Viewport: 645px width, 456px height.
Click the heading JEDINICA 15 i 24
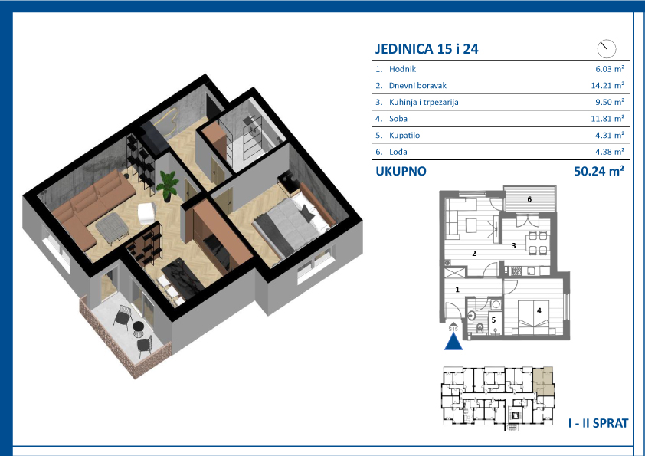tap(427, 49)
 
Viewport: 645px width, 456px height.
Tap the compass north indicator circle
tap(607, 49)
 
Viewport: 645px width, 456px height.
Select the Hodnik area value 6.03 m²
tap(610, 69)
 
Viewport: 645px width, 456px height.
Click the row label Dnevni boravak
tap(417, 86)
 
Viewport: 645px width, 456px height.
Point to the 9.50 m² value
tap(610, 102)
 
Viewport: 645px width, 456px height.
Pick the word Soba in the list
tap(398, 119)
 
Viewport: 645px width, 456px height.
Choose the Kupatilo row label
tap(404, 136)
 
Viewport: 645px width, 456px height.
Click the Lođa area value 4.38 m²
tap(610, 152)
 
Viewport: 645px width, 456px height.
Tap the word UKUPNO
tap(401, 171)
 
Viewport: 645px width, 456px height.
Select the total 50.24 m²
tap(599, 171)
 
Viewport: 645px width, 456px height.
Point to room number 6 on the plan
tap(529, 199)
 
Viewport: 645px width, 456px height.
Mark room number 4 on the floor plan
tap(539, 310)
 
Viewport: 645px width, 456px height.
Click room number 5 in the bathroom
tap(493, 320)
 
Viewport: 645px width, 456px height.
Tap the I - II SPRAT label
tap(598, 423)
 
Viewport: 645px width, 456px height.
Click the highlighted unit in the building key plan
tap(544, 382)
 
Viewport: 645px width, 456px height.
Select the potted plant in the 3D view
tap(168, 185)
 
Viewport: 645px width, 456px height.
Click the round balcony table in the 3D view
tap(139, 327)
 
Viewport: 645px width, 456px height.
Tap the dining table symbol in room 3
tap(538, 242)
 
